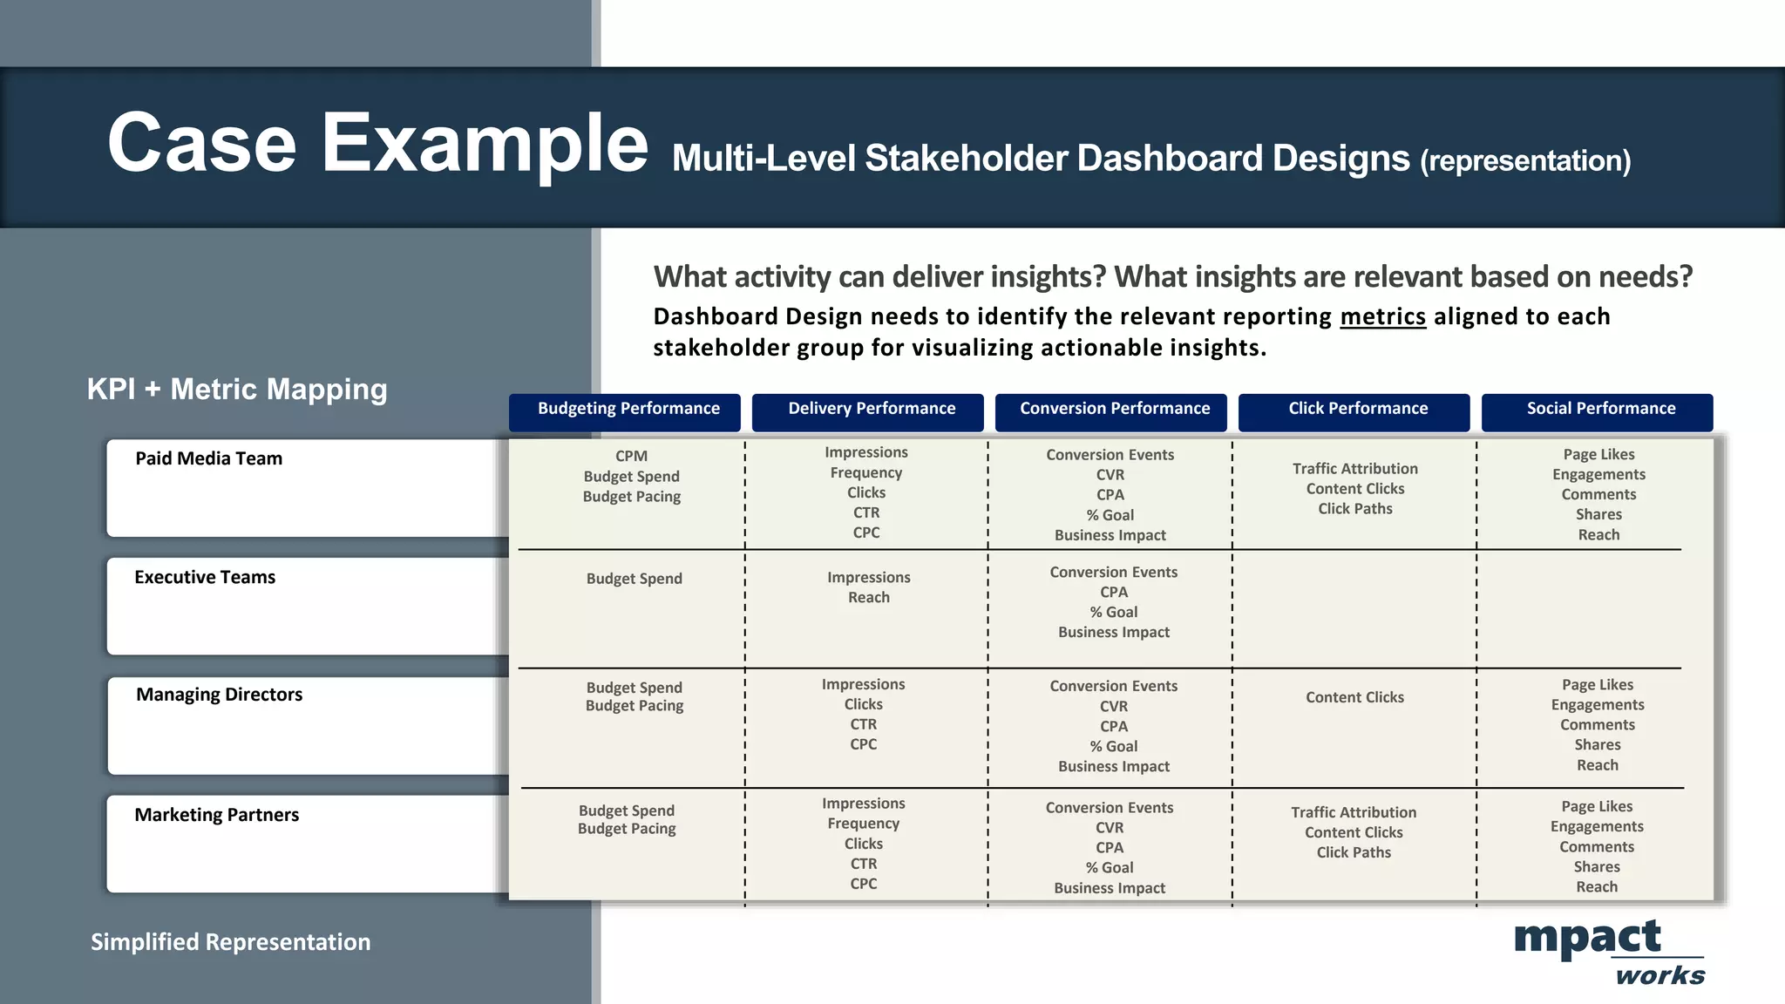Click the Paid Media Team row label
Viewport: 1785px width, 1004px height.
(x=209, y=458)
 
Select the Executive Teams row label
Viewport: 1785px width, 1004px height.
(x=205, y=577)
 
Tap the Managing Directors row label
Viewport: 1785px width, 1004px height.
(x=220, y=695)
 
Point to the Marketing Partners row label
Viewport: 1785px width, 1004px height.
(x=217, y=815)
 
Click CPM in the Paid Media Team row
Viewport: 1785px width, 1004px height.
(x=632, y=456)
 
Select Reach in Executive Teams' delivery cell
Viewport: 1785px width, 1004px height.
(x=869, y=598)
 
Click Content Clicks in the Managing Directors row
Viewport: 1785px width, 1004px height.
(x=1354, y=697)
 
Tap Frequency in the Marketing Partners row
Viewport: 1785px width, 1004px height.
(x=864, y=824)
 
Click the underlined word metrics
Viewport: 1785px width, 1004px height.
(x=1382, y=316)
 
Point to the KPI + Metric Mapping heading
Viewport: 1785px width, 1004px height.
(x=237, y=389)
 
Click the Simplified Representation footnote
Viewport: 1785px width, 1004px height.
(x=231, y=942)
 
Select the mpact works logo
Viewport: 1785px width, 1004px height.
(x=1608, y=952)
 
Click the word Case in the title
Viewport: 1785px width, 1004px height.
(x=202, y=143)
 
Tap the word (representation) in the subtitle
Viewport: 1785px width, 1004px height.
(x=1525, y=161)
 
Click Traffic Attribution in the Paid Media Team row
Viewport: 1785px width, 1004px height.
(x=1355, y=469)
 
